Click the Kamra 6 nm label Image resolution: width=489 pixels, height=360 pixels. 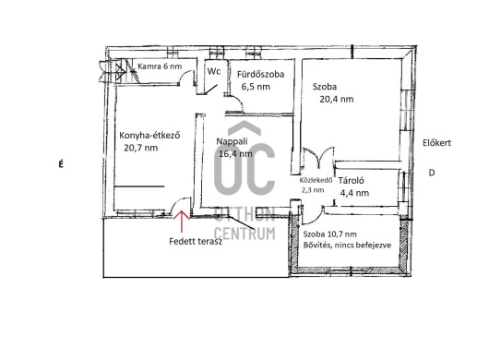[x=160, y=66]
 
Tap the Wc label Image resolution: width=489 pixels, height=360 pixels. [x=214, y=71]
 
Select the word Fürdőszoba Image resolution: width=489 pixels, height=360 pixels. [x=260, y=74]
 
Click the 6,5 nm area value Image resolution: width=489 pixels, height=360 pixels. [x=256, y=87]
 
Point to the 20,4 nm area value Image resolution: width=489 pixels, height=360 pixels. [x=337, y=99]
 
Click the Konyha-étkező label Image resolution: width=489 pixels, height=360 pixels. [x=149, y=136]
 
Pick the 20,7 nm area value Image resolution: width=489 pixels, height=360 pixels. [x=140, y=148]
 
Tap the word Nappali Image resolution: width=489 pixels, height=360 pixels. [x=232, y=141]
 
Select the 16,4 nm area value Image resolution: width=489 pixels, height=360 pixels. [x=235, y=153]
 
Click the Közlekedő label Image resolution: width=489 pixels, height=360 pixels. [x=316, y=180]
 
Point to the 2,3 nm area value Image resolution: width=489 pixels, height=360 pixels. [x=313, y=190]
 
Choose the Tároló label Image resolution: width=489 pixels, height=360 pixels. [x=352, y=180]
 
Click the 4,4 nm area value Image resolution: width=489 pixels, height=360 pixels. [x=354, y=193]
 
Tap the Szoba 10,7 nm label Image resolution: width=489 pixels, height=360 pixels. [x=330, y=234]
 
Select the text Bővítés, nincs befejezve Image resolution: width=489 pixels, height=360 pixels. [x=347, y=245]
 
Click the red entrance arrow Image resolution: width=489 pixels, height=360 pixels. [x=182, y=222]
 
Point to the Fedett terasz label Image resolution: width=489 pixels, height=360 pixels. [x=196, y=241]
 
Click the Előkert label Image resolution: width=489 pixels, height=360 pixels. [x=436, y=143]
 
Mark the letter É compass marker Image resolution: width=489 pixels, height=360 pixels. [x=61, y=163]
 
